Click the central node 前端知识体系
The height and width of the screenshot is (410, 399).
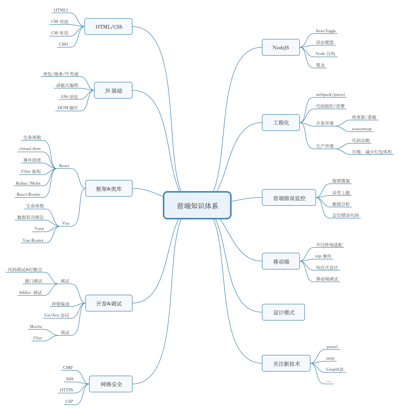tap(197, 205)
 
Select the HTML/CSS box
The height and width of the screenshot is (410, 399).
tap(108, 27)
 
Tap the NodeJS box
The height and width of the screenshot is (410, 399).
tap(281, 47)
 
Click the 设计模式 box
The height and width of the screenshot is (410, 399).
tap(283, 312)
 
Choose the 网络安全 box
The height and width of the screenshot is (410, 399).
tap(111, 384)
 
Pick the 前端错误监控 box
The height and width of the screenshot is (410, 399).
tap(289, 198)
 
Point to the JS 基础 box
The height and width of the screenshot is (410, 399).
tap(113, 90)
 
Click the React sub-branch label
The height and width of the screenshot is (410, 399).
tap(64, 166)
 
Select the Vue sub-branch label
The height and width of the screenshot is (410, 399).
tap(66, 223)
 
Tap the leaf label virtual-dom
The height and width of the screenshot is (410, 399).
tap(30, 149)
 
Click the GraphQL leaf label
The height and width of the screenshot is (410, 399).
tap(335, 369)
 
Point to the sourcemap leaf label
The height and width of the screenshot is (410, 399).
tap(362, 129)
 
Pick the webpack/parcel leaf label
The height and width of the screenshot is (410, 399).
tap(330, 95)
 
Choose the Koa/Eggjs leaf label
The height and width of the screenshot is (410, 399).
tap(326, 31)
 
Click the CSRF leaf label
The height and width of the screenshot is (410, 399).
tap(68, 367)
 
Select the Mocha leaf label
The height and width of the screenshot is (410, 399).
tap(36, 327)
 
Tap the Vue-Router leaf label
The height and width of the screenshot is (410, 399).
tap(33, 240)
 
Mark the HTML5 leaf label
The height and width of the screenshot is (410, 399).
tap(61, 10)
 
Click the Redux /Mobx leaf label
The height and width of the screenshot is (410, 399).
tap(28, 183)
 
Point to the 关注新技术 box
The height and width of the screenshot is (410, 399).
tap(286, 363)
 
